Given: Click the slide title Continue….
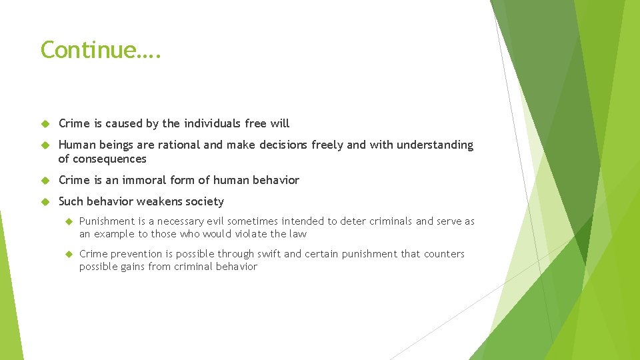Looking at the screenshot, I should (x=100, y=50).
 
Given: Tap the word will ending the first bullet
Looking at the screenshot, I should (x=279, y=123).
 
